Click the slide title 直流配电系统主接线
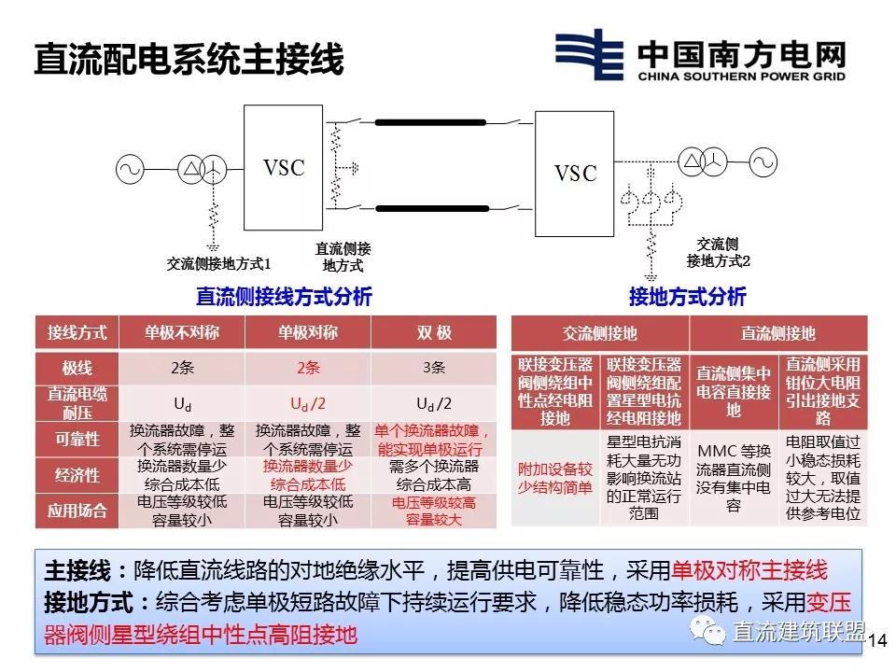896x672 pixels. pyautogui.click(x=189, y=59)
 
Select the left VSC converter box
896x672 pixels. pyautogui.click(x=284, y=168)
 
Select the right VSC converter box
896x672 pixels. pyautogui.click(x=575, y=173)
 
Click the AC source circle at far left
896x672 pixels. pyautogui.click(x=130, y=169)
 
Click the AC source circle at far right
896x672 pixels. pyautogui.click(x=763, y=162)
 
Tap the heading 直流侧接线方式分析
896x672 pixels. pyautogui.click(x=284, y=297)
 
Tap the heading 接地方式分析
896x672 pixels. pyautogui.click(x=687, y=298)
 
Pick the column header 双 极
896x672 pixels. pyautogui.click(x=433, y=333)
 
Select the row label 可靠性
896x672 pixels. pyautogui.click(x=77, y=438)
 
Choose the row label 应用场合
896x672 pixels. pyautogui.click(x=77, y=511)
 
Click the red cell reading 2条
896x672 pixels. pyautogui.click(x=308, y=367)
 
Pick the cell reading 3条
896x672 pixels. pyautogui.click(x=433, y=367)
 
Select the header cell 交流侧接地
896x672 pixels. pyautogui.click(x=600, y=333)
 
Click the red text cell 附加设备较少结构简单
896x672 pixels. pyautogui.click(x=555, y=476)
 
